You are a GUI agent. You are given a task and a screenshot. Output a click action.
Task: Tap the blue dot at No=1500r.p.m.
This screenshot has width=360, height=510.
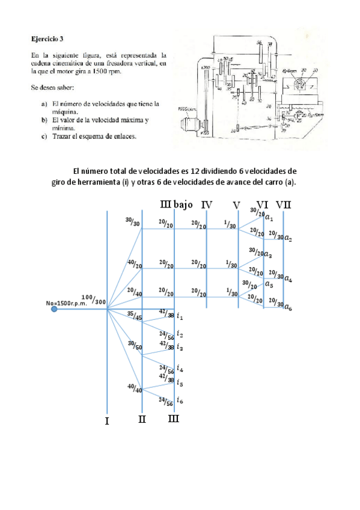[x=55, y=309]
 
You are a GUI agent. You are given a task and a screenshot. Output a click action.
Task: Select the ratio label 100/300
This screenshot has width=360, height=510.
[x=94, y=299]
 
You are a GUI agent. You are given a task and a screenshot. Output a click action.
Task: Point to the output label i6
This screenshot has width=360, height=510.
[x=180, y=400]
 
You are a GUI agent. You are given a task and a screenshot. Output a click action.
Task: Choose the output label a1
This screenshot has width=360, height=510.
[x=269, y=218]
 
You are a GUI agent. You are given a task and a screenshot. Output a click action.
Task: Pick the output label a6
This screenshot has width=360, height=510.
[x=288, y=307]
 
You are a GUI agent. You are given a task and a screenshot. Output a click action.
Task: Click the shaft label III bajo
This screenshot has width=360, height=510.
[x=177, y=205]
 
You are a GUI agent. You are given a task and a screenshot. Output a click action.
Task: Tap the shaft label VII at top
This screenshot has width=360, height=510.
[x=284, y=204]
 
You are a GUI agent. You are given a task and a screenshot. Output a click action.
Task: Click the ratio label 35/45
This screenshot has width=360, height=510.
[x=133, y=317]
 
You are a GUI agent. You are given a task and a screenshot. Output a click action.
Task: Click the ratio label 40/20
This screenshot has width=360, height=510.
[x=133, y=264]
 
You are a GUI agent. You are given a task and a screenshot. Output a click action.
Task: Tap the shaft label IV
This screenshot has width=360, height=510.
[x=207, y=205]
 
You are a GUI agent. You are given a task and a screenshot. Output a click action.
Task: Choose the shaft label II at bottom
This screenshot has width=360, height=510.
[x=142, y=419]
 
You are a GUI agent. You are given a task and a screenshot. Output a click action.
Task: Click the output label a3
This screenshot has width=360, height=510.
[x=269, y=254]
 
